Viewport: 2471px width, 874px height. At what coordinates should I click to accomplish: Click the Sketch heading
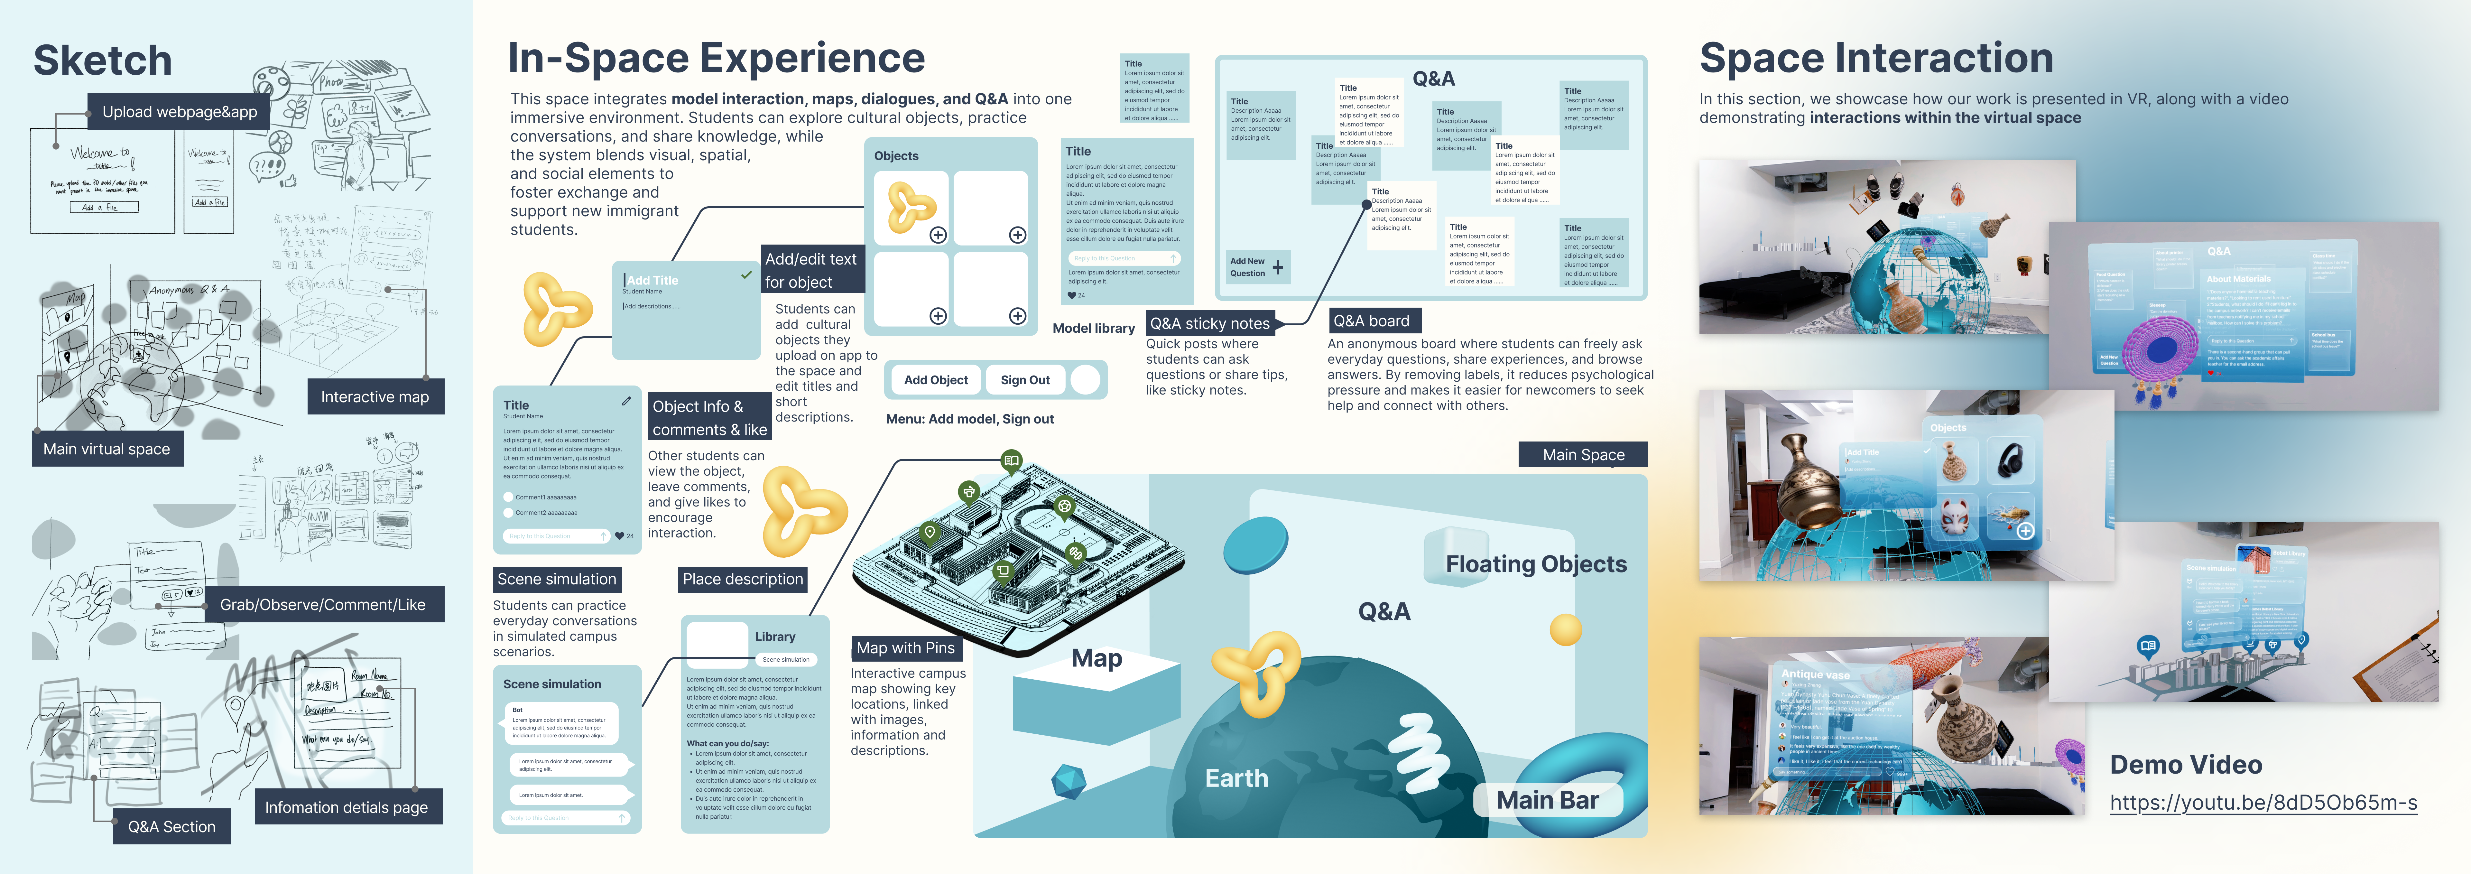point(103,60)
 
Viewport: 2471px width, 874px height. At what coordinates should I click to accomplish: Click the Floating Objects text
point(1536,564)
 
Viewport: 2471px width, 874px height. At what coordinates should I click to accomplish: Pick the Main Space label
point(1583,455)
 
